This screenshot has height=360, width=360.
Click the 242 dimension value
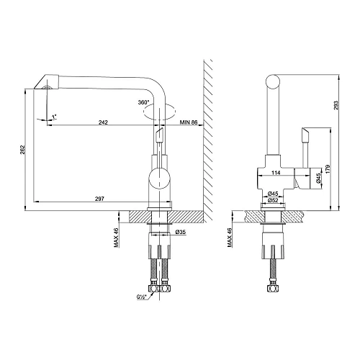(x=103, y=122)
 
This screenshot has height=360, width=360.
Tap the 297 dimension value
(x=99, y=199)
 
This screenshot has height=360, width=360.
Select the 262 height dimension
(x=22, y=150)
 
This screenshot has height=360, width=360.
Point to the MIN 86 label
(x=189, y=122)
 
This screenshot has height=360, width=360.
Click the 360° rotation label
(x=143, y=102)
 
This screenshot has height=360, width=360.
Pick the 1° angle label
(x=54, y=117)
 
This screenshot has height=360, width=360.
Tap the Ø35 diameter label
(x=181, y=232)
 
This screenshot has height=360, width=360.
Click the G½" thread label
(x=142, y=297)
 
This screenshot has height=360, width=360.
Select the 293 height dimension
(x=336, y=105)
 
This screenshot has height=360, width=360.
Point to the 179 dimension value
(x=328, y=169)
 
